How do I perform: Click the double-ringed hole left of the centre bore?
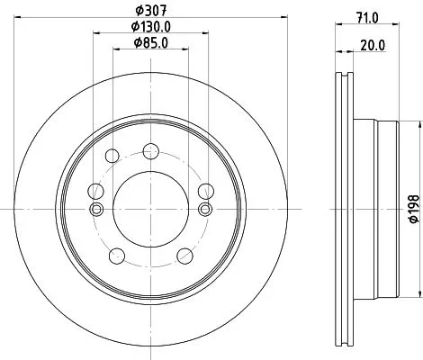click(x=96, y=209)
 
